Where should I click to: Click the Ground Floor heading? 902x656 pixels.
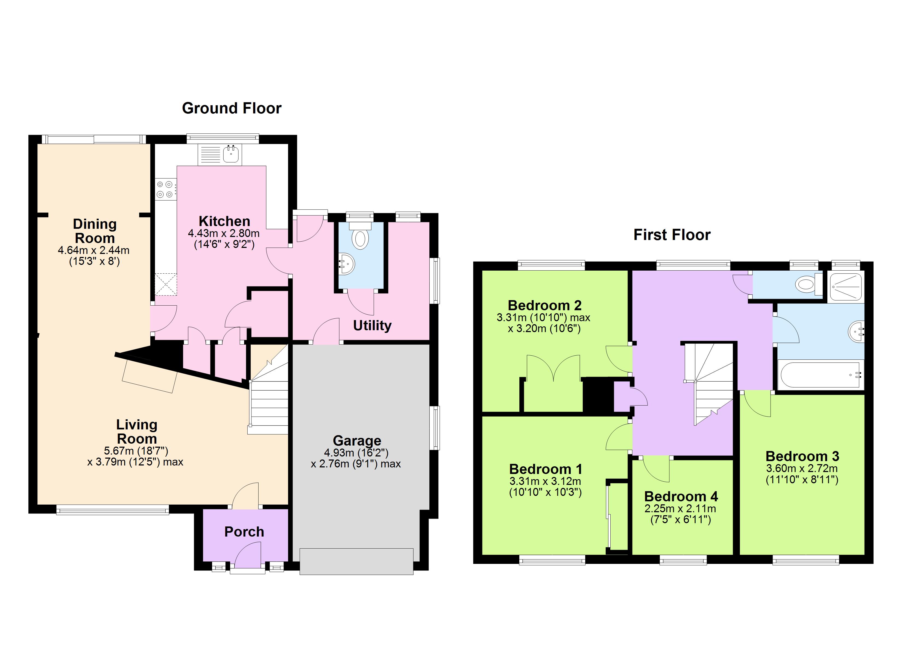click(232, 108)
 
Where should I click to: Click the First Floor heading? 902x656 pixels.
click(672, 235)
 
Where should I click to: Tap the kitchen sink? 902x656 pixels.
click(231, 154)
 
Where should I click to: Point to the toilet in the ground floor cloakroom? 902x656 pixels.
click(360, 236)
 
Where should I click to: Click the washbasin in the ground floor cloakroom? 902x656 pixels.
click(347, 263)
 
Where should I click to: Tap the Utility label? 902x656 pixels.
click(372, 326)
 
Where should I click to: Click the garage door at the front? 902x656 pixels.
click(356, 561)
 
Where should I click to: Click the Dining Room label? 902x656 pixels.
click(95, 231)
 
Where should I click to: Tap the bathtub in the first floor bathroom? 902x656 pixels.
click(821, 375)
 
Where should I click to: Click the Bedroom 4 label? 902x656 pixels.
click(681, 496)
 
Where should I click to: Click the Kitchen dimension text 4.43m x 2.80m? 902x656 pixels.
click(224, 233)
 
